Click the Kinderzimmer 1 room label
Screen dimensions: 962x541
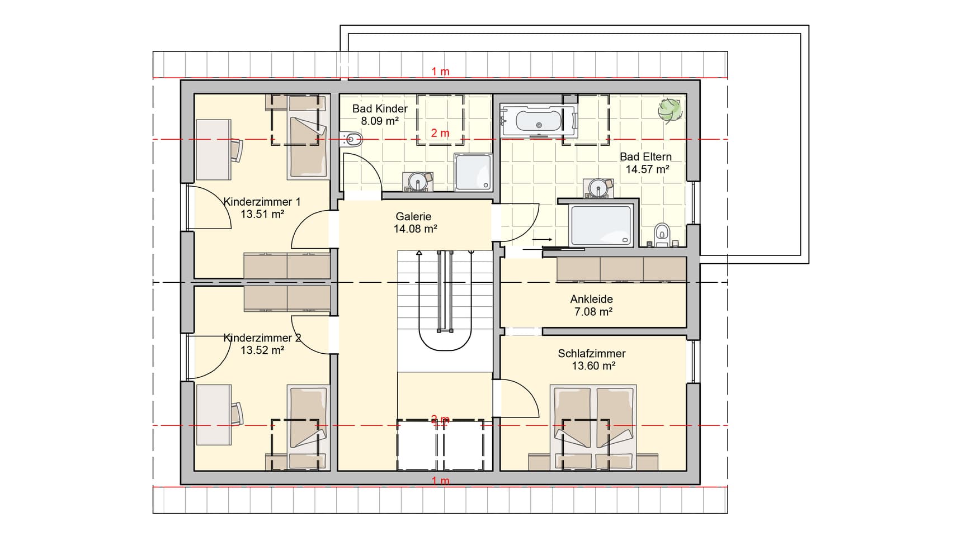click(x=262, y=202)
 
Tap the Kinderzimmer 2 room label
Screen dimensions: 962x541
click(x=262, y=338)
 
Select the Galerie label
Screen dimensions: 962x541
click(x=413, y=216)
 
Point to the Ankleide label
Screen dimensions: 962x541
click(x=591, y=299)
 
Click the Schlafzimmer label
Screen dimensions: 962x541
click(x=591, y=353)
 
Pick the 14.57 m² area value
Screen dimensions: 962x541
click(x=647, y=169)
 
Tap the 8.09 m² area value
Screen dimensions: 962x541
click(x=379, y=121)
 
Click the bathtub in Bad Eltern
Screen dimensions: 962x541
click(x=539, y=121)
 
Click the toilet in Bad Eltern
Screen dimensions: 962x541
click(x=662, y=234)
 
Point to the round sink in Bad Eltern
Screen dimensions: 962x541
click(x=598, y=187)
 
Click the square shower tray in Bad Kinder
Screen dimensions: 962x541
click(x=473, y=172)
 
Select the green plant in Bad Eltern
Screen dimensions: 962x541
click(x=670, y=109)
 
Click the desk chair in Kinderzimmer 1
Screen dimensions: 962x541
click(x=238, y=150)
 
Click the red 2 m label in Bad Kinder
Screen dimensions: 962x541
click(x=440, y=133)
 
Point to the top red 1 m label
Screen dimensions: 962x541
click(x=440, y=72)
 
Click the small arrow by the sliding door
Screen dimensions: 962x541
click(x=542, y=240)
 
